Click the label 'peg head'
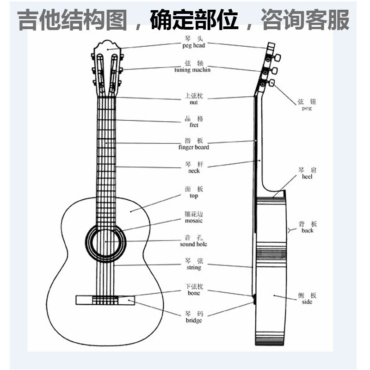click(x=194, y=45)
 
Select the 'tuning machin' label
click(x=192, y=70)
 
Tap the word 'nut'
click(x=194, y=102)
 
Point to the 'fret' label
click(x=194, y=125)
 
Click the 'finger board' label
click(x=194, y=148)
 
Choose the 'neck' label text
click(x=194, y=171)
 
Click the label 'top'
click(x=194, y=196)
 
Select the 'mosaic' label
click(x=194, y=221)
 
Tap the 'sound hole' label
click(x=194, y=244)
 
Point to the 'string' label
click(x=194, y=268)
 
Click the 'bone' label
click(x=194, y=294)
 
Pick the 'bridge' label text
click(x=194, y=320)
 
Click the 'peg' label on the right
click(x=307, y=108)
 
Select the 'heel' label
click(x=308, y=177)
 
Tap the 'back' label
click(x=308, y=230)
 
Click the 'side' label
click(x=307, y=302)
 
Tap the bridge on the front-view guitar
click(x=106, y=300)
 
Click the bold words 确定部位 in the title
click(x=195, y=20)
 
